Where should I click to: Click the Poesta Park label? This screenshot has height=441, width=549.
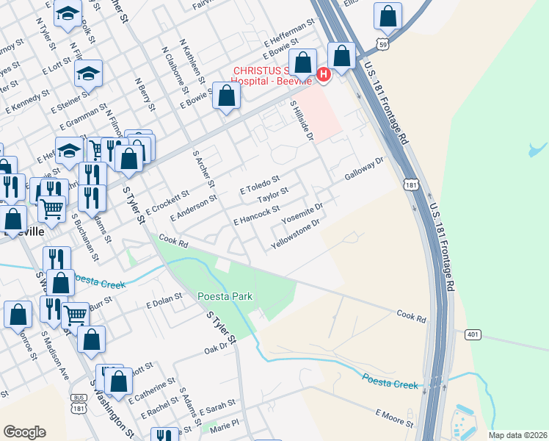pos(225,296)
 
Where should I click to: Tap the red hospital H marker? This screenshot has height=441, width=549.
pos(324,74)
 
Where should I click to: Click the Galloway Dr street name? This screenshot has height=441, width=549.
pos(365,169)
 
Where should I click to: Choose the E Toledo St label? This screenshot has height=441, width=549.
pos(260,184)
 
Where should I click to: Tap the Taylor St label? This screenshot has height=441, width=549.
pos(272,196)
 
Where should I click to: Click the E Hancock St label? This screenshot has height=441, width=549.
pos(256,215)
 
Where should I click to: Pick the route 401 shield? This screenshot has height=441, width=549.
pos(473,334)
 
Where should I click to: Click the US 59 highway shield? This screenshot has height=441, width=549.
pos(381,45)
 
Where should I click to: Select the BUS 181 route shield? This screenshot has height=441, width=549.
pos(79,401)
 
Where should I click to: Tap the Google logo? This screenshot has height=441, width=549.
pos(24,432)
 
